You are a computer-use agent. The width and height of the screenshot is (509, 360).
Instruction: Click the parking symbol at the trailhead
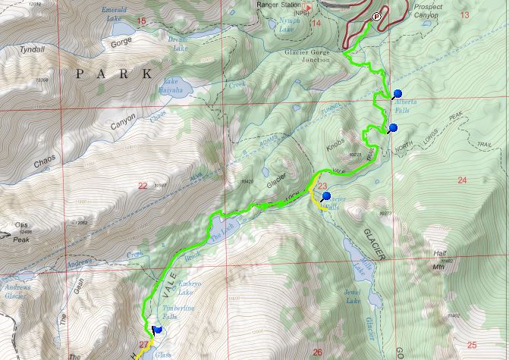[375, 16]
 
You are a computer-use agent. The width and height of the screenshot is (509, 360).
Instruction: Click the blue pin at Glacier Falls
[326, 196]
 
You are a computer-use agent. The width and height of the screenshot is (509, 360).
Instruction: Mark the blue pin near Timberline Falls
[157, 330]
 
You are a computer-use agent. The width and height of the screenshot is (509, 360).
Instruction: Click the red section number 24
[462, 180]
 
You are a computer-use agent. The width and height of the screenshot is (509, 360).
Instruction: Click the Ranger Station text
[275, 3]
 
